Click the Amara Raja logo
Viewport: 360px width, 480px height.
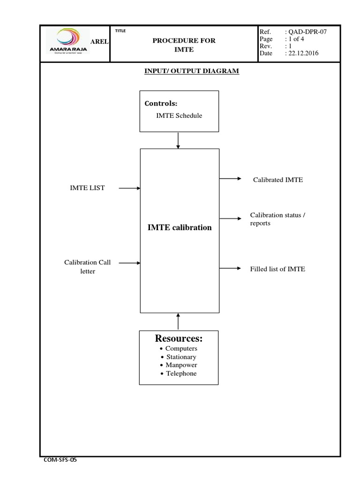coord(67,41)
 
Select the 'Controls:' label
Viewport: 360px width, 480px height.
coord(160,103)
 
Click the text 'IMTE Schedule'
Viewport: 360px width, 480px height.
coord(179,115)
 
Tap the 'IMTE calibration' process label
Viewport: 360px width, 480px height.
coord(180,227)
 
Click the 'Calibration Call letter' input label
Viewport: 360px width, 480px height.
coord(88,267)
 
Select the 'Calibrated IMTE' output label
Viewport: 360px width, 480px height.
coord(278,180)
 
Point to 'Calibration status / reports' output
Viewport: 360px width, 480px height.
coord(280,219)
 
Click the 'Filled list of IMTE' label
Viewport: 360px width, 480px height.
coord(277,269)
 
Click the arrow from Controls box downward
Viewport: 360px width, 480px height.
coord(178,140)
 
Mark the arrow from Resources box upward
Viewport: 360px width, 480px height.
coord(178,322)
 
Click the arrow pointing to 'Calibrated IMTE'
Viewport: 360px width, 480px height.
coord(231,179)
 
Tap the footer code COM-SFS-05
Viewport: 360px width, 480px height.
coord(60,460)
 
